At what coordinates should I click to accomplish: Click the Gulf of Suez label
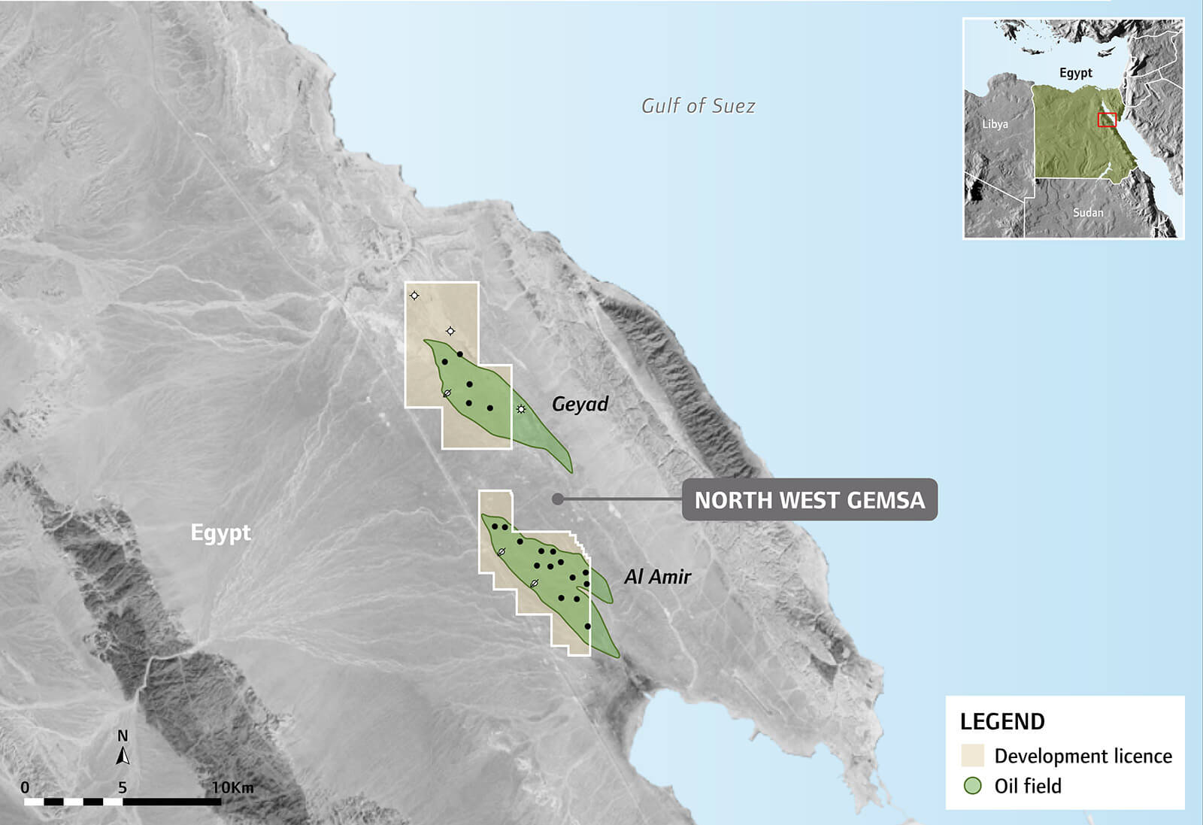click(x=698, y=106)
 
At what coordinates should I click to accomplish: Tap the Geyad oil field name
click(x=580, y=404)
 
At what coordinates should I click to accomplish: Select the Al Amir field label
click(x=657, y=577)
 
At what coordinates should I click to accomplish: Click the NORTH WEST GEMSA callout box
click(x=809, y=500)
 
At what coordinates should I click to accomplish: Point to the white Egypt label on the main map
click(x=220, y=532)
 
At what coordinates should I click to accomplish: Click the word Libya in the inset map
click(x=995, y=124)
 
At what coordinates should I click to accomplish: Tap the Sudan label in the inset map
click(x=1088, y=213)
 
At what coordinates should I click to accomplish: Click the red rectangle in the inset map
click(x=1107, y=120)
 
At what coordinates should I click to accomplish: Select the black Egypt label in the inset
click(x=1075, y=73)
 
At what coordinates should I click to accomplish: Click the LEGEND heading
click(x=1002, y=722)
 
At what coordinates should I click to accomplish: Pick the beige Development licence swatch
click(x=972, y=756)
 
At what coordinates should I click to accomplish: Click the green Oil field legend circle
click(x=973, y=786)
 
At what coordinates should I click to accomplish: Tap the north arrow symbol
click(x=123, y=754)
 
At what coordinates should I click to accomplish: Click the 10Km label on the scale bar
click(x=232, y=787)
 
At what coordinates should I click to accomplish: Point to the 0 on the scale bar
click(x=25, y=787)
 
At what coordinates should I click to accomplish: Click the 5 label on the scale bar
click(x=123, y=787)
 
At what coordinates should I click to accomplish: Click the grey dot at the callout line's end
click(x=557, y=499)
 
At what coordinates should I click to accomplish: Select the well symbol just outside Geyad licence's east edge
click(x=521, y=409)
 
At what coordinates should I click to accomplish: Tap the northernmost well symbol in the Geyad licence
click(x=414, y=296)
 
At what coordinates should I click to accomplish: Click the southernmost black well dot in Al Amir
click(x=587, y=626)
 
